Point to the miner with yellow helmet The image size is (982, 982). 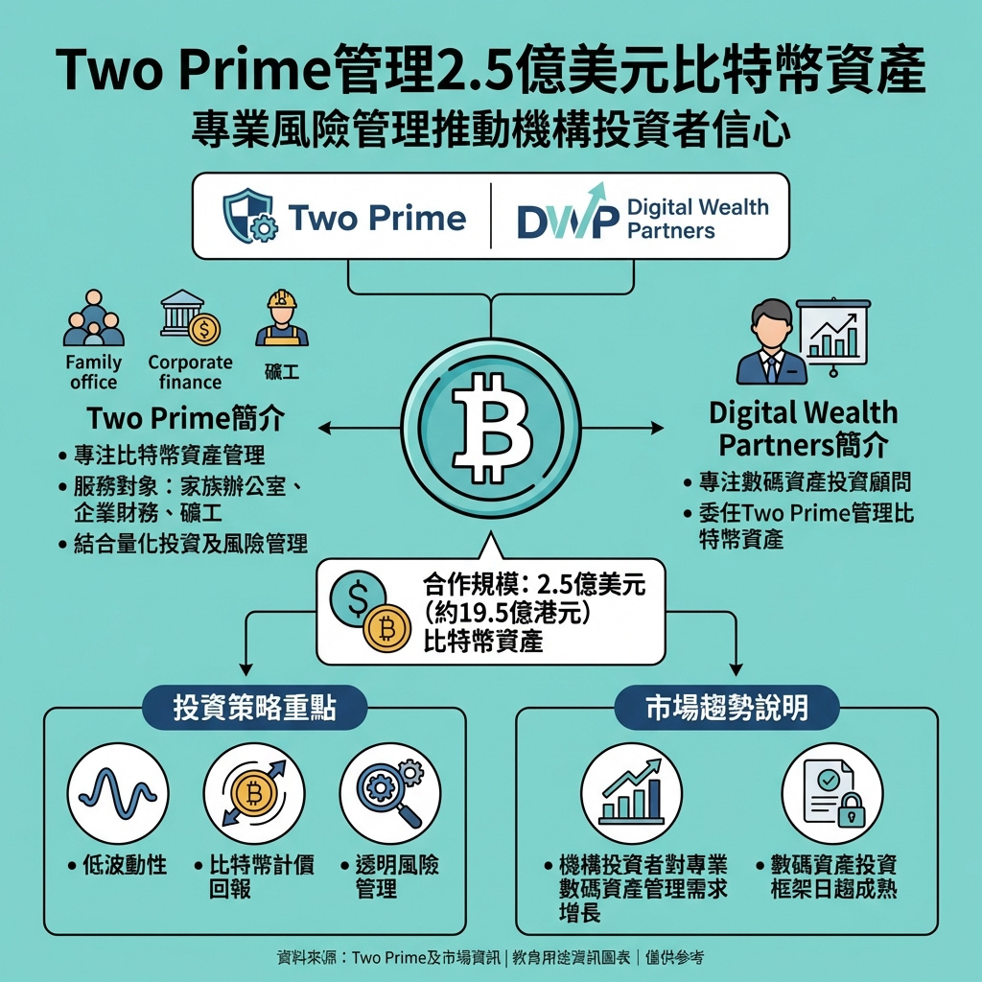(x=282, y=319)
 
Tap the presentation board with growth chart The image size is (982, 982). (x=831, y=336)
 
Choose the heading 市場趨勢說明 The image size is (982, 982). (x=726, y=709)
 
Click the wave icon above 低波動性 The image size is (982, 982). (x=117, y=792)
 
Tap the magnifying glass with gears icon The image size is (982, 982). (x=390, y=792)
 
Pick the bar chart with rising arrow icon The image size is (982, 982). (x=631, y=792)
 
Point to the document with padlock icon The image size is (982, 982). (x=830, y=792)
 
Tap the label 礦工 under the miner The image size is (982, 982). (x=282, y=371)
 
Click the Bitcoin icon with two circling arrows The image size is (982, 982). (x=254, y=792)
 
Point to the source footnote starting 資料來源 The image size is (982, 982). (x=490, y=957)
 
